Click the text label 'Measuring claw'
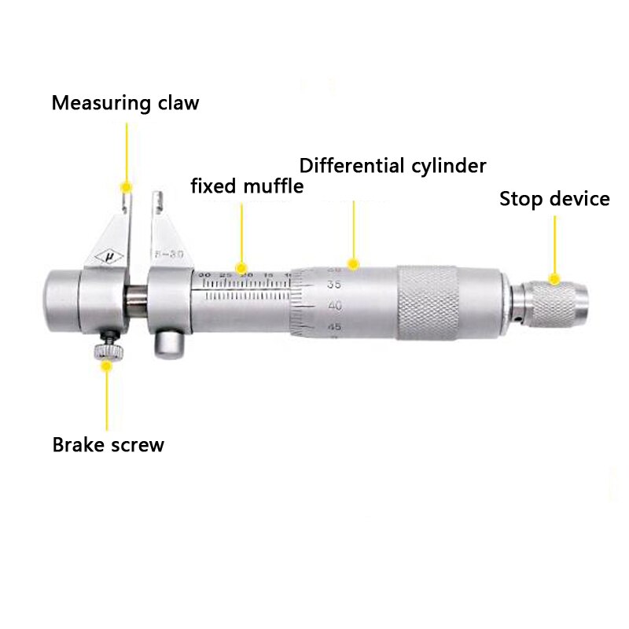pyautogui.click(x=125, y=103)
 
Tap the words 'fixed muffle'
pyautogui.click(x=247, y=186)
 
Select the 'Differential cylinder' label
pyautogui.click(x=392, y=166)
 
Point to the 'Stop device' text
pyautogui.click(x=554, y=199)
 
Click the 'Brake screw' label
pyautogui.click(x=108, y=444)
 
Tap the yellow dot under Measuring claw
pyautogui.click(x=125, y=186)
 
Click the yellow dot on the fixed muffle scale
pyautogui.click(x=242, y=268)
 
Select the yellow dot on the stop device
pyautogui.click(x=554, y=278)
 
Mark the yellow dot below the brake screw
pyautogui.click(x=106, y=365)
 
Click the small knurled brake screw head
pyautogui.click(x=105, y=351)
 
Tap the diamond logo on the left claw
pyautogui.click(x=109, y=256)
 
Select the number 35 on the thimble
pyautogui.click(x=312, y=285)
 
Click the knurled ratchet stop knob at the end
pyautogui.click(x=554, y=303)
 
